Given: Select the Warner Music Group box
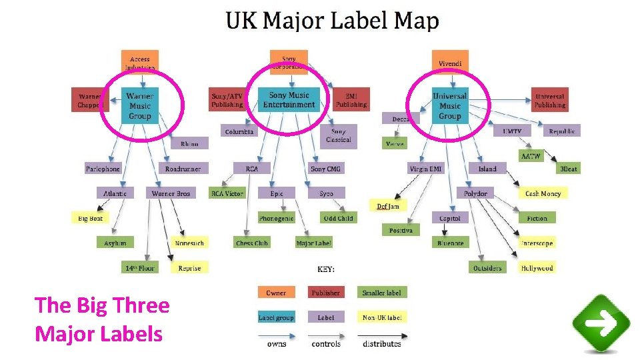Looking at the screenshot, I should click(140, 106).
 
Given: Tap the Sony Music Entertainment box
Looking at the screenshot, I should click(289, 100).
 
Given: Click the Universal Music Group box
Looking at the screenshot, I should click(449, 106).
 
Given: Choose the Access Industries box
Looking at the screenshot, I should click(140, 63).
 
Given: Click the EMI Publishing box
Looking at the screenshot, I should click(351, 100).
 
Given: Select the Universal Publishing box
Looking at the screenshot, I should click(549, 100).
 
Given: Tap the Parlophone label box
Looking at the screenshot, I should click(103, 169).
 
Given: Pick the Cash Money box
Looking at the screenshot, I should click(543, 193).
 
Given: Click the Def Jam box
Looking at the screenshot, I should click(387, 206).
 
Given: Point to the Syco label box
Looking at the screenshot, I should click(326, 193).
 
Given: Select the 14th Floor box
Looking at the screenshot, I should click(140, 268).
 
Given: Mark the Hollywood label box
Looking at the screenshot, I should click(537, 268).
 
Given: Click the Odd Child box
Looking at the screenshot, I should click(338, 218).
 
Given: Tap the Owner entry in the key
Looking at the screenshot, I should click(276, 293).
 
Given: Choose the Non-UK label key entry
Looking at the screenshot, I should click(382, 317).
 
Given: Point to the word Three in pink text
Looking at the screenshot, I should click(139, 305).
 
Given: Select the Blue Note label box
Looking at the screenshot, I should click(450, 243).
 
